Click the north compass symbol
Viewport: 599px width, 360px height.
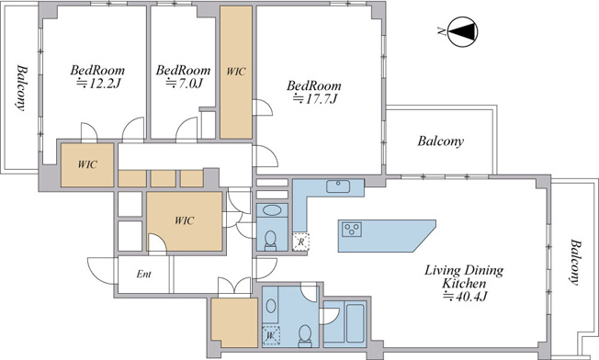(463, 32)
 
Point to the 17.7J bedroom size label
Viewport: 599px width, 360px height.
(315, 99)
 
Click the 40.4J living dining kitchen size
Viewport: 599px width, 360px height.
(465, 297)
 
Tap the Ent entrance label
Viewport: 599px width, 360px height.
(143, 274)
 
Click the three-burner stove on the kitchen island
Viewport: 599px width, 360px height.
(352, 229)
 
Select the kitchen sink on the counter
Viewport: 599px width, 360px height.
(338, 186)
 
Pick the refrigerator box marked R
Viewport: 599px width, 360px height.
(301, 242)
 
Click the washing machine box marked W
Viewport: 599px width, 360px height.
(271, 335)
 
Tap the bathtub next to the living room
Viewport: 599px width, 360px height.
(355, 323)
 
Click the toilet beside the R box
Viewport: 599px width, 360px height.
(271, 240)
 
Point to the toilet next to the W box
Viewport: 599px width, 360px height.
(305, 336)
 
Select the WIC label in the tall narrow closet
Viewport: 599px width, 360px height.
(236, 72)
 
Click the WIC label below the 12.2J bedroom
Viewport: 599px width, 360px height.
(87, 164)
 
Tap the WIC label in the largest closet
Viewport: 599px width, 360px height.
(184, 220)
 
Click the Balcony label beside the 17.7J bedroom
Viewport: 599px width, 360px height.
(440, 141)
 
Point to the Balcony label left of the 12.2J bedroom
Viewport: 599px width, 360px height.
(22, 88)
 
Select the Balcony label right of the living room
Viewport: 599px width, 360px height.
(575, 262)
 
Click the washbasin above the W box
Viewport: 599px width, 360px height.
(271, 306)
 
